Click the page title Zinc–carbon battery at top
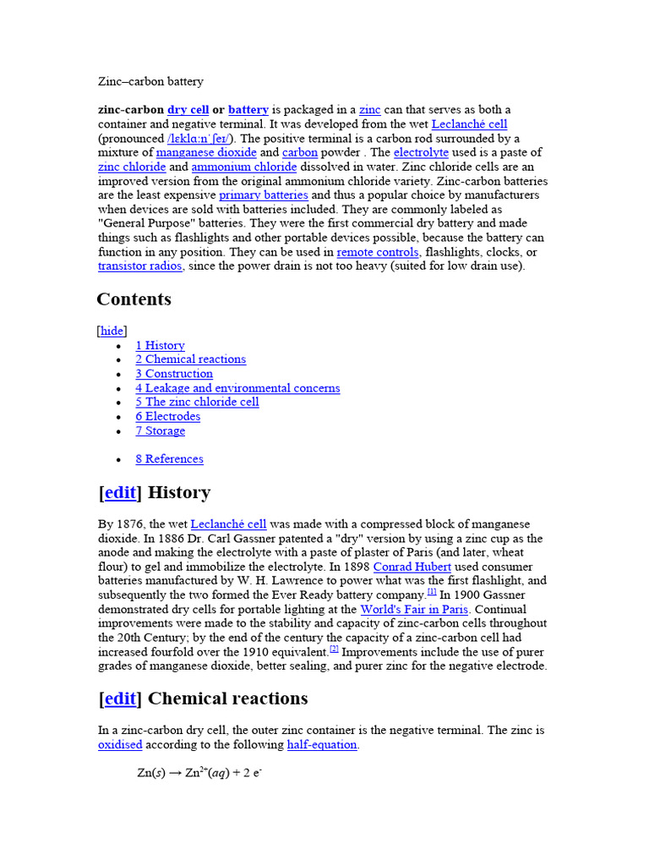150,81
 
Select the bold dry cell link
188,110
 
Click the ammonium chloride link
244,167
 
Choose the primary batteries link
264,195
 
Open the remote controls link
377,252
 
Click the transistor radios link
139,266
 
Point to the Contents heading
134,299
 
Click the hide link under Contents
112,331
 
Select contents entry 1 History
160,345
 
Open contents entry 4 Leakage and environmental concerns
237,388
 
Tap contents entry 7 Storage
160,430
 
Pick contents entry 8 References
169,459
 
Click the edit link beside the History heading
120,493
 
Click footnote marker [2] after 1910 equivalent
334,649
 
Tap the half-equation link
322,745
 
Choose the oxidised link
120,745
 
